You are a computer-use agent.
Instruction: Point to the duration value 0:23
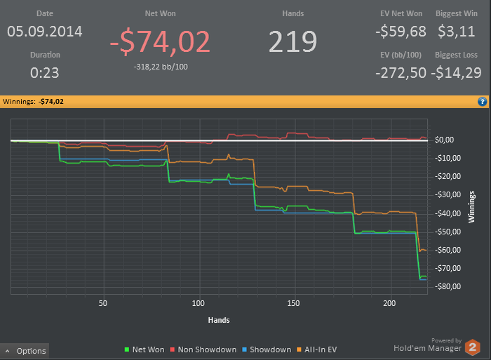pos(45,72)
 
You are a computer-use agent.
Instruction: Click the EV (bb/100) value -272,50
pos(401,72)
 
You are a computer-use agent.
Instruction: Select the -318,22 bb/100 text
pos(160,67)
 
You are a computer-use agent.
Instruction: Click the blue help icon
pos(483,101)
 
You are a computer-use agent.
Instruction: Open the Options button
pos(26,351)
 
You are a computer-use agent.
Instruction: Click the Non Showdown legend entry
pos(203,349)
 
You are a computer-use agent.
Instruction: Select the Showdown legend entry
pos(267,349)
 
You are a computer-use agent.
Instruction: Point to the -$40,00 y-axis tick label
pos(447,213)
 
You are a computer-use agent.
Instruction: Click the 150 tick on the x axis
pos(294,304)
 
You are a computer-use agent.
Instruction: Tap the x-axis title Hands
pos(218,320)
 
